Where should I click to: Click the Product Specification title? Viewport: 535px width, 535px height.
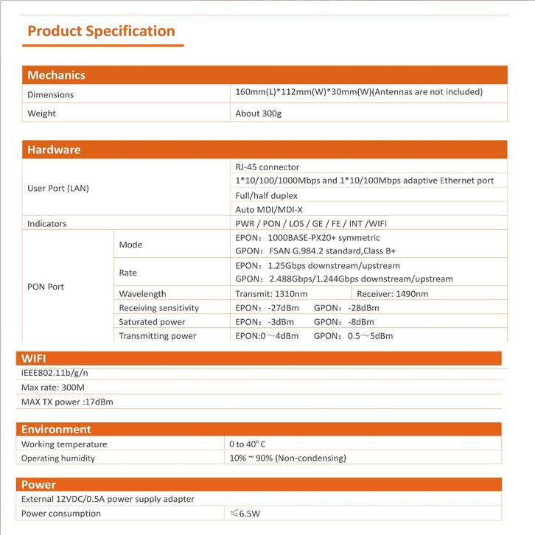pyautogui.click(x=101, y=31)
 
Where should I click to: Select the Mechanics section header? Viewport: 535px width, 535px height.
pyautogui.click(x=56, y=75)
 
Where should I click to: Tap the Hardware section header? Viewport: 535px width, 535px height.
pyautogui.click(x=54, y=150)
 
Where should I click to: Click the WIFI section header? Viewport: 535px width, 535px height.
pyautogui.click(x=34, y=358)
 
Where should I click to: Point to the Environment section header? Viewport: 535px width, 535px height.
pyautogui.click(x=56, y=429)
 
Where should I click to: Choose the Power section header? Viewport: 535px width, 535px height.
pyautogui.click(x=38, y=485)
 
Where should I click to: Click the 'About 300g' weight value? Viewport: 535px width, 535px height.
pyautogui.click(x=259, y=113)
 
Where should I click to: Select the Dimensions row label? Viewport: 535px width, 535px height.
pyautogui.click(x=50, y=94)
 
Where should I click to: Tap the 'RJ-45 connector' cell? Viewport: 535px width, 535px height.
pyautogui.click(x=267, y=167)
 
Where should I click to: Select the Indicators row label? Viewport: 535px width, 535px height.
pyautogui.click(x=46, y=223)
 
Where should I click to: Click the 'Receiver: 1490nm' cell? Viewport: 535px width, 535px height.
pyautogui.click(x=392, y=294)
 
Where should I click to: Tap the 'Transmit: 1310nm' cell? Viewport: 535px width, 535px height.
pyautogui.click(x=271, y=294)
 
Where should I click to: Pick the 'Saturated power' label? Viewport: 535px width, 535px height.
pyautogui.click(x=152, y=322)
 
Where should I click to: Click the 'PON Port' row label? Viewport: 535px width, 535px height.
pyautogui.click(x=46, y=287)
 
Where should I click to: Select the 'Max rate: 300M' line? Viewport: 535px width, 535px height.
pyautogui.click(x=53, y=387)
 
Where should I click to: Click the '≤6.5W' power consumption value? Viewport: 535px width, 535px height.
pyautogui.click(x=247, y=513)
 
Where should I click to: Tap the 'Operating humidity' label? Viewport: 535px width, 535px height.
pyautogui.click(x=58, y=458)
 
